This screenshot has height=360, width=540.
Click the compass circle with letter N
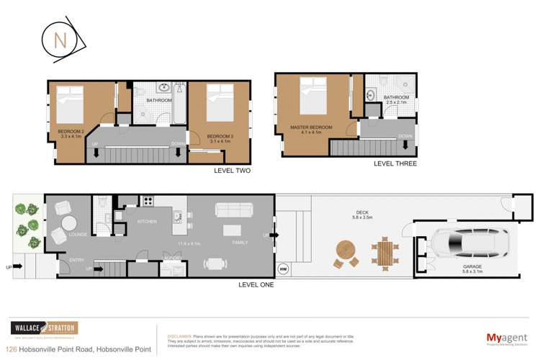[x=61, y=41]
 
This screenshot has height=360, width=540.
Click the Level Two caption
[x=232, y=171]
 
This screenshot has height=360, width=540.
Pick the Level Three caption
[x=395, y=163]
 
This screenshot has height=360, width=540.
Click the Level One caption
[x=256, y=284]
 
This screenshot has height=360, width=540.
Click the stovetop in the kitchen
[x=148, y=202]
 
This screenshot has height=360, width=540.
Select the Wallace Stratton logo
[x=44, y=328]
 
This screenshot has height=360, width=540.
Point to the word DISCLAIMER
[x=179, y=336]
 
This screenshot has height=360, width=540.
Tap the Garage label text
[x=472, y=266]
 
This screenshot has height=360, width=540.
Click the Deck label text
[x=361, y=212]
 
